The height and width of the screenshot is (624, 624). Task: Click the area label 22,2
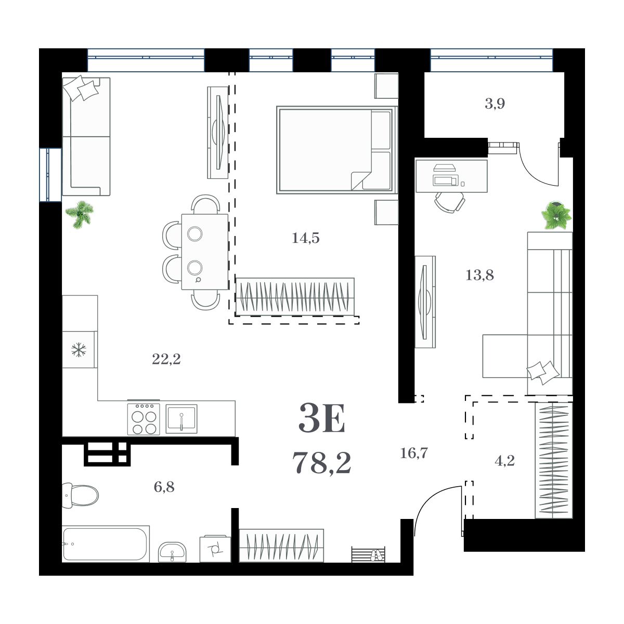[166, 359]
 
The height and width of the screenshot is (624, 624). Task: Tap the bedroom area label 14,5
[306, 238]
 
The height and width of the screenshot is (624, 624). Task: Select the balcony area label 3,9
[495, 104]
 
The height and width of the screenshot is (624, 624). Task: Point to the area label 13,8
[479, 275]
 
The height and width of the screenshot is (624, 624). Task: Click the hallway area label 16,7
[414, 453]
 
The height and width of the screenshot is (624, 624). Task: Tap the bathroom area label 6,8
[164, 487]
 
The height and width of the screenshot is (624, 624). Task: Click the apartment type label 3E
[322, 420]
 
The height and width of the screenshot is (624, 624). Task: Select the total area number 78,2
[322, 462]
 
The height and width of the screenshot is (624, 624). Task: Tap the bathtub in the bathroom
[106, 544]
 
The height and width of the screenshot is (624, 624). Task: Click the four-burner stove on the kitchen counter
[144, 419]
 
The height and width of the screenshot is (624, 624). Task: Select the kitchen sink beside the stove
[181, 419]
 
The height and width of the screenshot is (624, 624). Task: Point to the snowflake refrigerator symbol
[79, 349]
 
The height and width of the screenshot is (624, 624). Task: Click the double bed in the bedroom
[336, 150]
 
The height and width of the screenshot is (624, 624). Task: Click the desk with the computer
[451, 176]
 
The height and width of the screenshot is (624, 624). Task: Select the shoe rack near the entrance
[369, 554]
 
